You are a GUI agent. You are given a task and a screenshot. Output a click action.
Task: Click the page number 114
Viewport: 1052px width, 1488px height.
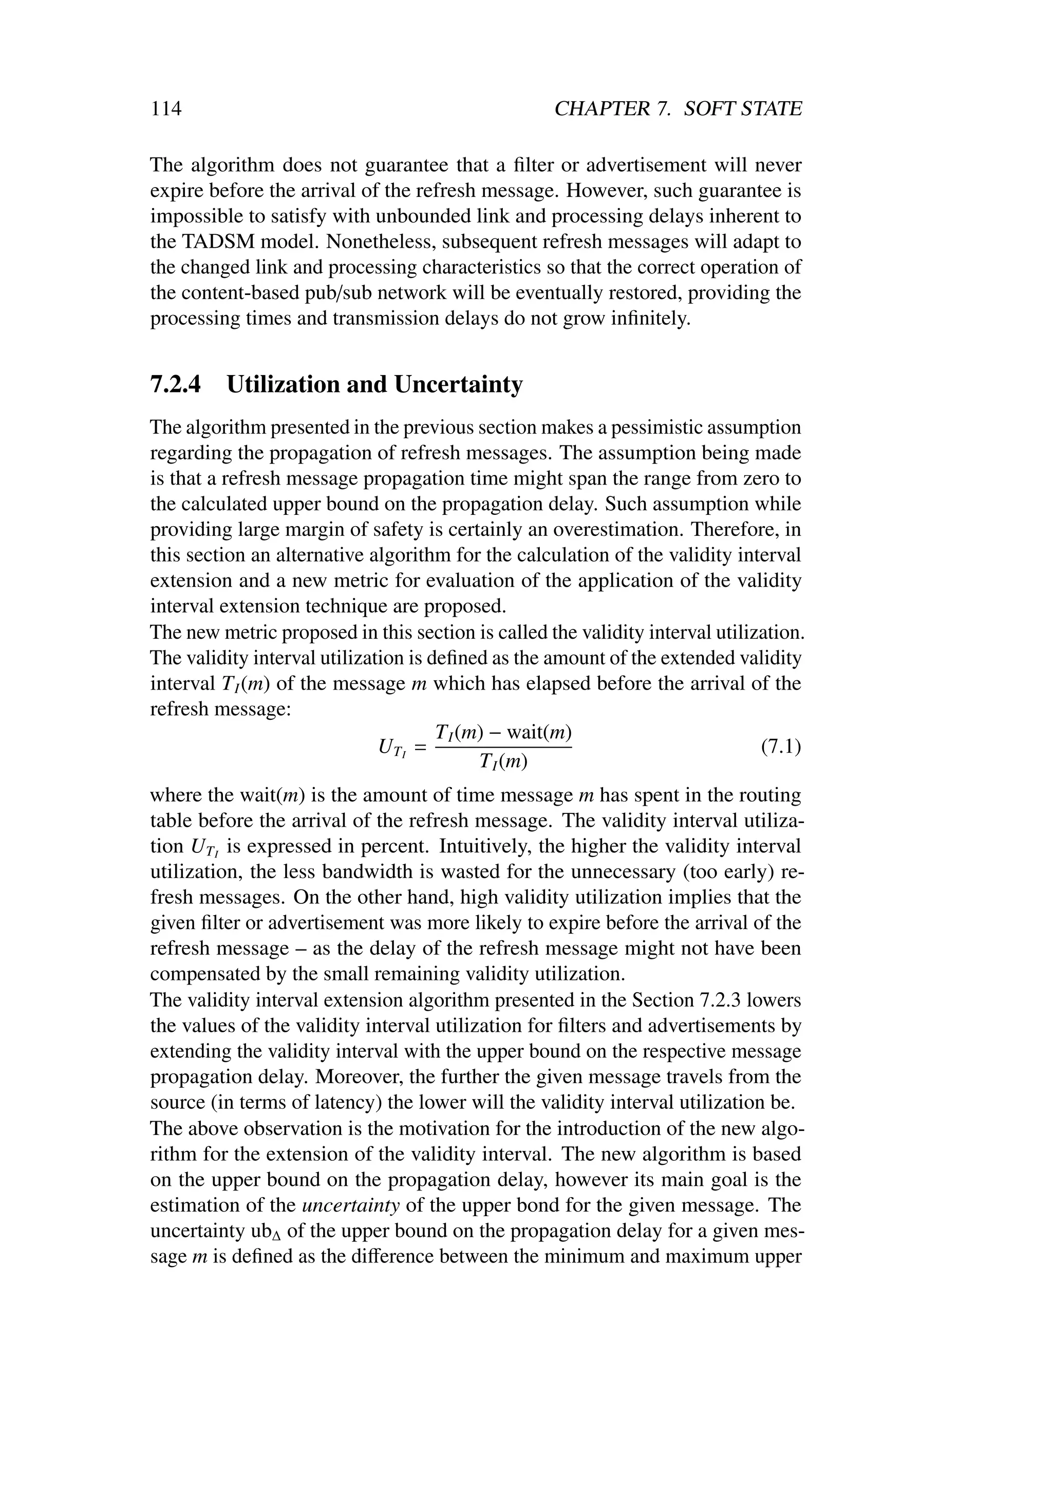[x=166, y=108]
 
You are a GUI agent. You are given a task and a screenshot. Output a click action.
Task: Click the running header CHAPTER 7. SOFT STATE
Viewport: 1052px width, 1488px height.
[x=678, y=108]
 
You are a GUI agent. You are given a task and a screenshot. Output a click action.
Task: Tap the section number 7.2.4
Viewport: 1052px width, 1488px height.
[x=176, y=384]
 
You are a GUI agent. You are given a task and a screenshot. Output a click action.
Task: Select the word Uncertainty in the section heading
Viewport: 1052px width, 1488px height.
[x=458, y=384]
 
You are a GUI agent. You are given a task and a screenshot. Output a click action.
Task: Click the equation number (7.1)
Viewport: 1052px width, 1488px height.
[x=781, y=747]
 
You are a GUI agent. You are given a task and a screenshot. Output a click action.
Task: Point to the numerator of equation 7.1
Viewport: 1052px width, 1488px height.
[x=503, y=733]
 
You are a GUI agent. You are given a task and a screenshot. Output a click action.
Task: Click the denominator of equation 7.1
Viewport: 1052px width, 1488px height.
[x=503, y=762]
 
